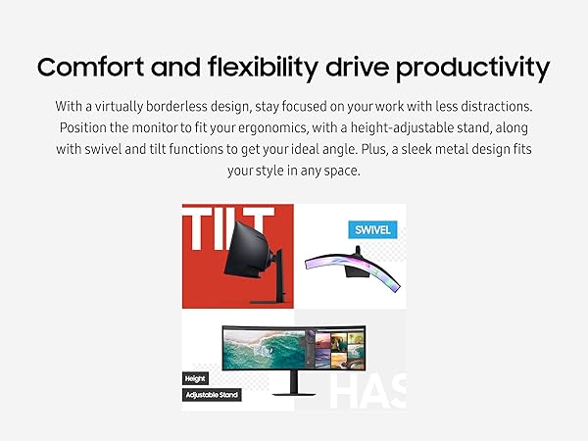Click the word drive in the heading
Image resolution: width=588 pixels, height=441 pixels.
(356, 69)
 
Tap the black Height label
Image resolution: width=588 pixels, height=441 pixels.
(196, 377)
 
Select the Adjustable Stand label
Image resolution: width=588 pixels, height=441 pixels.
(212, 395)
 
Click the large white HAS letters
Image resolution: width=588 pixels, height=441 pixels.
(367, 389)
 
